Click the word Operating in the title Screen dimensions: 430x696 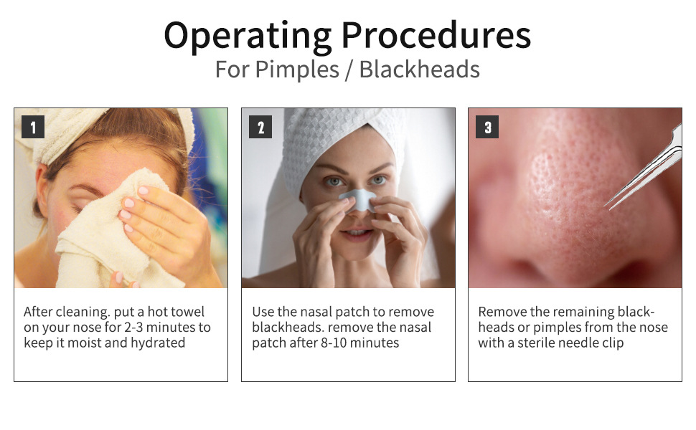tap(248, 36)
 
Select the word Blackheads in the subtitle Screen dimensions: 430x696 tap(419, 70)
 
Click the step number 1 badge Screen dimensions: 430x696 tap(33, 127)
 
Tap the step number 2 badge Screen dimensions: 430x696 tap(260, 127)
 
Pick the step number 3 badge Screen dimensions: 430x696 tap(487, 127)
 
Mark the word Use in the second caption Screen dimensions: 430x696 tap(263, 312)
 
